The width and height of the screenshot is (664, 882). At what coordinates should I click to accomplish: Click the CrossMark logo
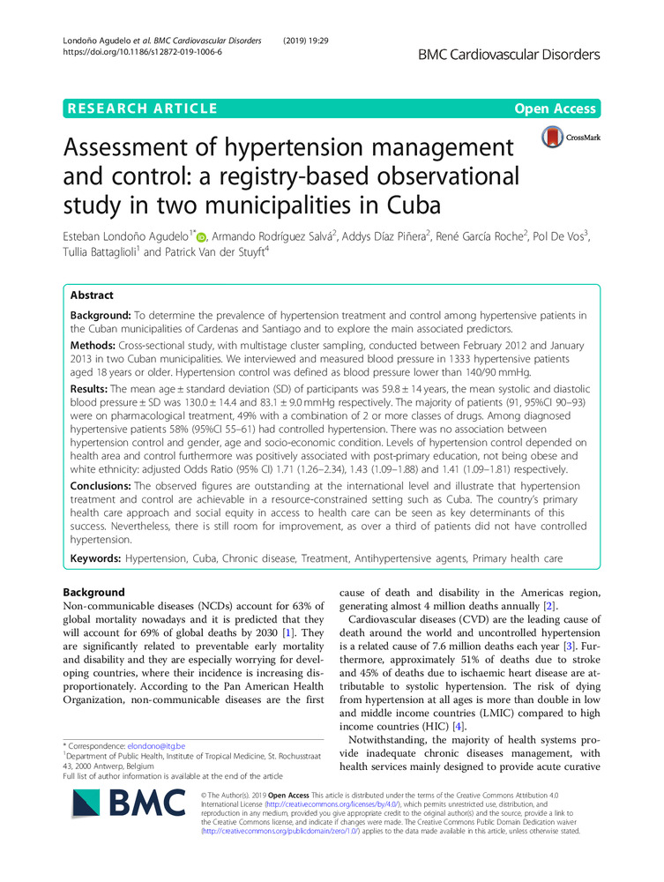point(571,137)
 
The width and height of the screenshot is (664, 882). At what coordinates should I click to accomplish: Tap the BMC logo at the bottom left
point(119,840)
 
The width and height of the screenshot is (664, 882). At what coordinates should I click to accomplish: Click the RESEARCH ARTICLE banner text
point(142,109)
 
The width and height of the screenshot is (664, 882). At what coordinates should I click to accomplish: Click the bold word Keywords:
point(98,559)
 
